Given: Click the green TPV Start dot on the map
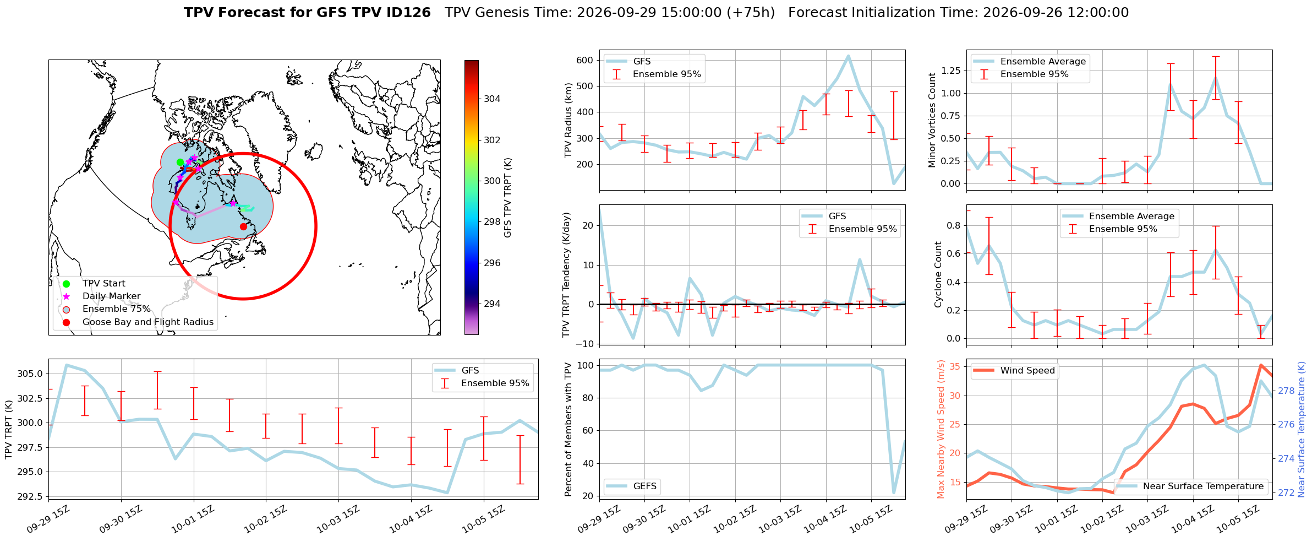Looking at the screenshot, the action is (180, 162).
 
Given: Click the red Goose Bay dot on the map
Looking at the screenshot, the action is (243, 226).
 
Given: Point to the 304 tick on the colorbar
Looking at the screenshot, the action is (492, 99).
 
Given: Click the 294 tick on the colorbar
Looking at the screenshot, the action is (492, 304).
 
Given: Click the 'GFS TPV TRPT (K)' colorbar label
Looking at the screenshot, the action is (508, 198).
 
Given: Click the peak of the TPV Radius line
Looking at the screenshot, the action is (848, 56).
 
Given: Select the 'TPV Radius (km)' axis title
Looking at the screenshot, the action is (568, 120).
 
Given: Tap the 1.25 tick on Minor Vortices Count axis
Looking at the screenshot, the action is (951, 71).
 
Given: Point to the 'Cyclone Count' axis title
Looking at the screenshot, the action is (938, 274).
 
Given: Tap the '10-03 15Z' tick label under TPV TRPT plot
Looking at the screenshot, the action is (338, 519).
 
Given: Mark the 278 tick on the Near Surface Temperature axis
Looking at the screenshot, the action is (1286, 391).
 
